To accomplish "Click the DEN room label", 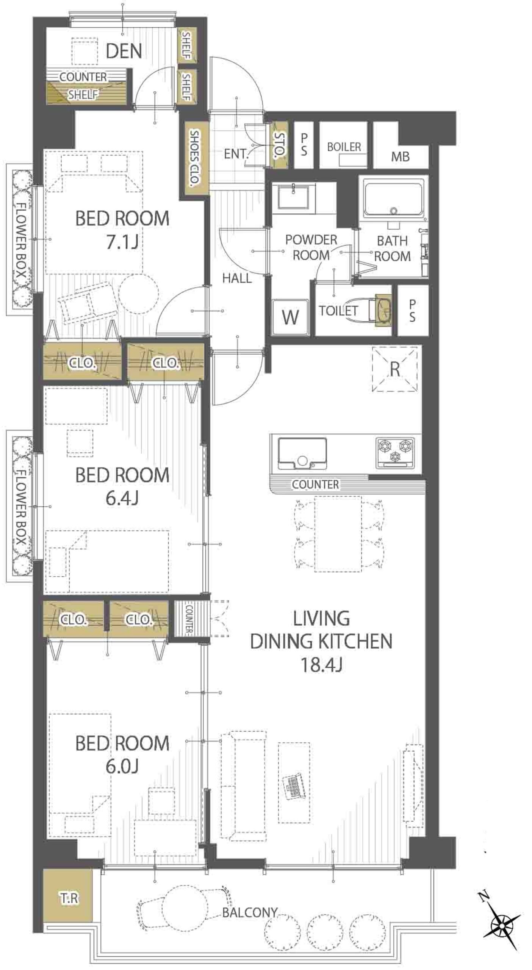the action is click(124, 51).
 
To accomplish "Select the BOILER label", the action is click(344, 147).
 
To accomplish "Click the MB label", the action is click(401, 156).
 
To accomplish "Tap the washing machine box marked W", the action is click(290, 317).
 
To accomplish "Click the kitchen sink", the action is click(302, 454).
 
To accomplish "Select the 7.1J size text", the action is click(122, 242).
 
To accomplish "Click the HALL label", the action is click(237, 278).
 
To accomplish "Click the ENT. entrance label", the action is click(236, 154).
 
